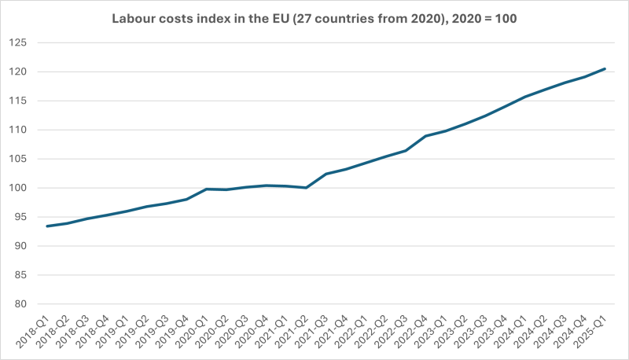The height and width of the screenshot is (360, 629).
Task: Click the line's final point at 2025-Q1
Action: [605, 68]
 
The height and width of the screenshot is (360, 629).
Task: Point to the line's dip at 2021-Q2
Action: [307, 188]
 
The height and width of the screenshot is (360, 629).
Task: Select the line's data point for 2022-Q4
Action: [425, 136]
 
